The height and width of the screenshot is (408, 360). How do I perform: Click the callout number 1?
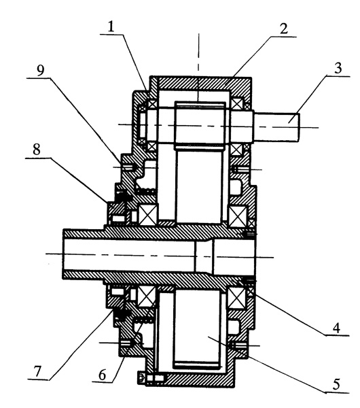[x=111, y=27]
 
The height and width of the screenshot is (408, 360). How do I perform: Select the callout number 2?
[x=283, y=29]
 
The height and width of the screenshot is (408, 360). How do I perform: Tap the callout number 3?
[x=338, y=68]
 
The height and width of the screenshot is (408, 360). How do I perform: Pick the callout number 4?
[x=336, y=328]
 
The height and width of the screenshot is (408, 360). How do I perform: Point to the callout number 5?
[x=336, y=384]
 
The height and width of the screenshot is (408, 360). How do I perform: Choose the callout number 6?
[x=103, y=375]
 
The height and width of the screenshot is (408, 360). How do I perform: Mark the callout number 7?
[x=37, y=372]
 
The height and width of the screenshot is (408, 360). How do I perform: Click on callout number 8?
[x=37, y=150]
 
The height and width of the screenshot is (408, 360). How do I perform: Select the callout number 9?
[x=40, y=70]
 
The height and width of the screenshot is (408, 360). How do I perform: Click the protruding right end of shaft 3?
[x=276, y=127]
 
